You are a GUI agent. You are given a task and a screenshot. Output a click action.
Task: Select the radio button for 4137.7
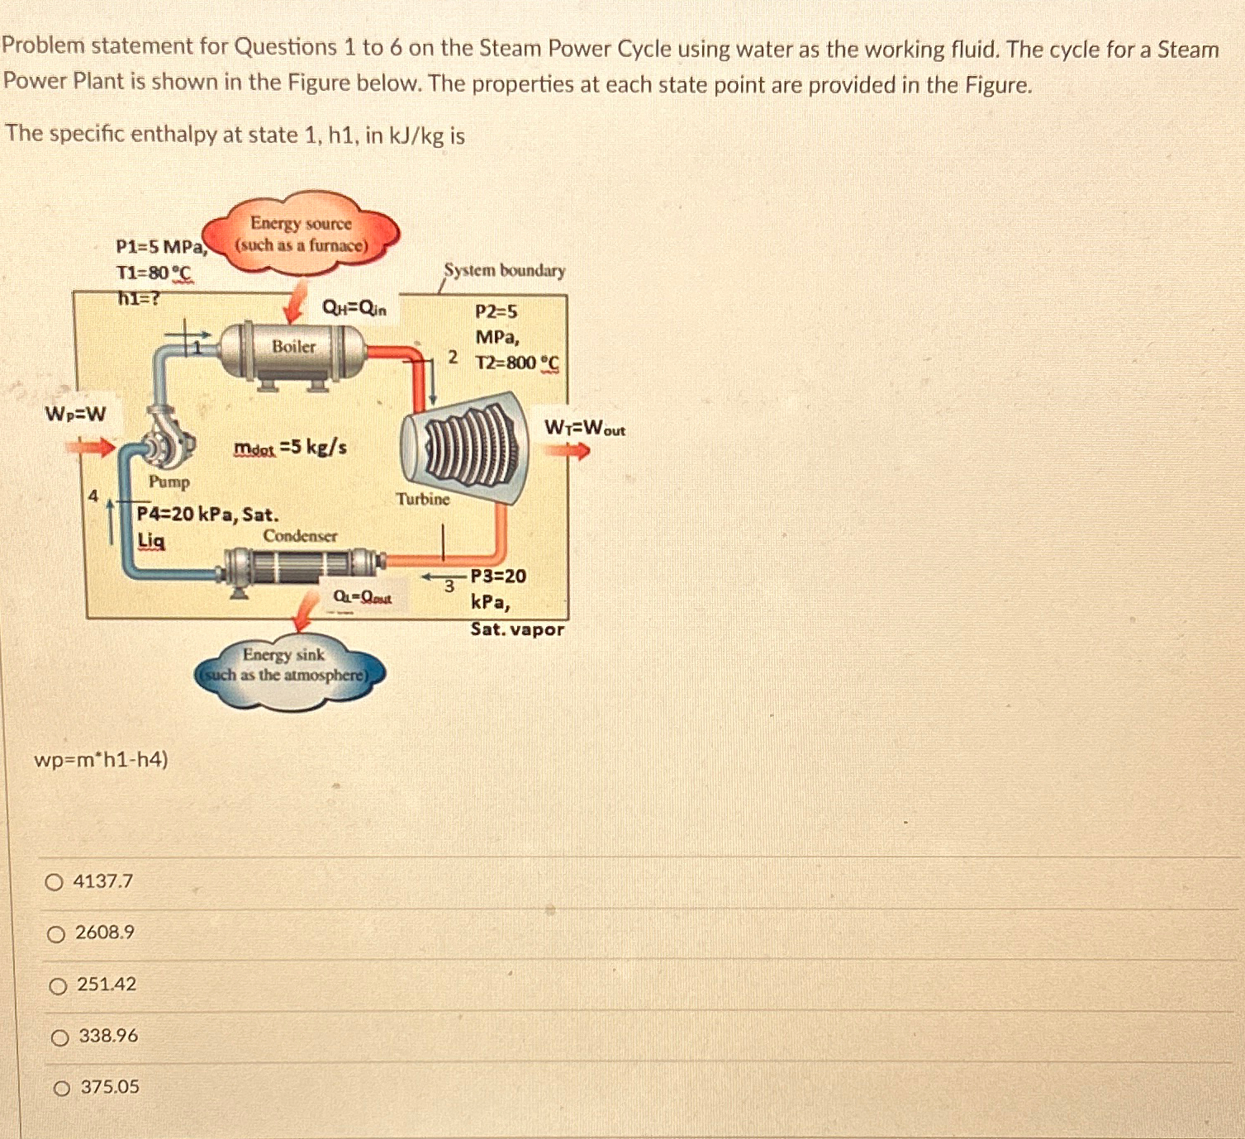pos(55,883)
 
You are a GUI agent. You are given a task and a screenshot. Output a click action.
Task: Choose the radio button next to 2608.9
pos(56,935)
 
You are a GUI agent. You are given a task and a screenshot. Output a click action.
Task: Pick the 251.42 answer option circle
pos(58,986)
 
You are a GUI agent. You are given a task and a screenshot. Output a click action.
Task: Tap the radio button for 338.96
pos(59,1038)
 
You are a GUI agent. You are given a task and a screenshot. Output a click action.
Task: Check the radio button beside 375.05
pos(62,1089)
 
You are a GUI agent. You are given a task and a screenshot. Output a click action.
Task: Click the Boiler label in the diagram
pos(294,347)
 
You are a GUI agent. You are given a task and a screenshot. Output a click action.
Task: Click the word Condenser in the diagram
pos(300,535)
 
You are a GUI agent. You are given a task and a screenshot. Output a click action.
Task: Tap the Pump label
pos(169,482)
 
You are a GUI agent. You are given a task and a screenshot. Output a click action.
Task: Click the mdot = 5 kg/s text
pos(290,448)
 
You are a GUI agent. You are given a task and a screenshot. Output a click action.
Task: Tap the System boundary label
pos(505,271)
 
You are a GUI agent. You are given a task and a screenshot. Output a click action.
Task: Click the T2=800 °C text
pos(517,363)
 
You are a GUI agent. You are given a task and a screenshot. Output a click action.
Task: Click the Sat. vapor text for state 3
pos(517,629)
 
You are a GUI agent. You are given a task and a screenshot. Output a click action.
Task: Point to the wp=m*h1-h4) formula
pos(102,759)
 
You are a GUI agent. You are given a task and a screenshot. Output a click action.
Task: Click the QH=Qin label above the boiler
pos(354,310)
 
